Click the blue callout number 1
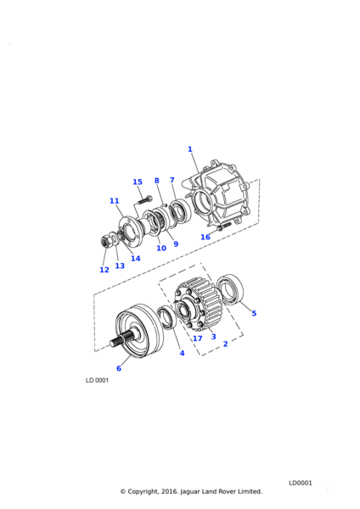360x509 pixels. click(190, 149)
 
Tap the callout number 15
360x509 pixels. click(138, 182)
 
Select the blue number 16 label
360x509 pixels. click(205, 238)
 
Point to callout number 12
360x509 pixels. click(104, 270)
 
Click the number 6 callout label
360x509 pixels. click(119, 368)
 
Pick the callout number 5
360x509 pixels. click(254, 313)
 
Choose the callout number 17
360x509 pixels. click(198, 338)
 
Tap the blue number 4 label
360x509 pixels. click(182, 353)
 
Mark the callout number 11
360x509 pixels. click(114, 201)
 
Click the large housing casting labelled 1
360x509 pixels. click(222, 195)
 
